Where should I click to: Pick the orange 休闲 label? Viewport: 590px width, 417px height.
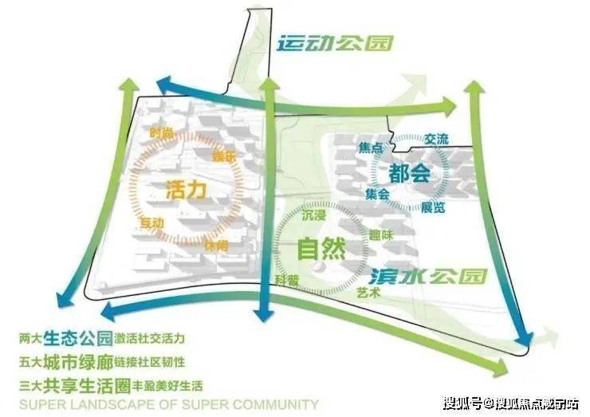215,246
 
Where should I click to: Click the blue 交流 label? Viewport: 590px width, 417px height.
436,139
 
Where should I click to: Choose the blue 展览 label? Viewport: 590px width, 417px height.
434,207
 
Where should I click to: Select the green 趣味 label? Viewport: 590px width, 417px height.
380,235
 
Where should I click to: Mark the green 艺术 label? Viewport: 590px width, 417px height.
368,293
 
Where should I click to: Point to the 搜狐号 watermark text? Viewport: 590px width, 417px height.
461,400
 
